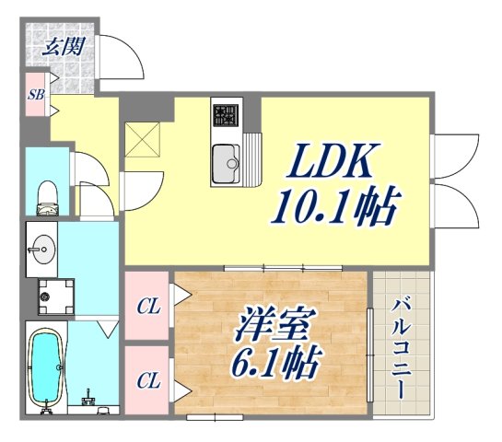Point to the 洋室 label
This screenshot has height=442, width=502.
[x=273, y=325]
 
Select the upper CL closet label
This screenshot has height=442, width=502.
[x=147, y=307]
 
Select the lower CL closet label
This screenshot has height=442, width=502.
[x=147, y=378]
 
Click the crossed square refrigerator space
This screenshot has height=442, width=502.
[x=145, y=139]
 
